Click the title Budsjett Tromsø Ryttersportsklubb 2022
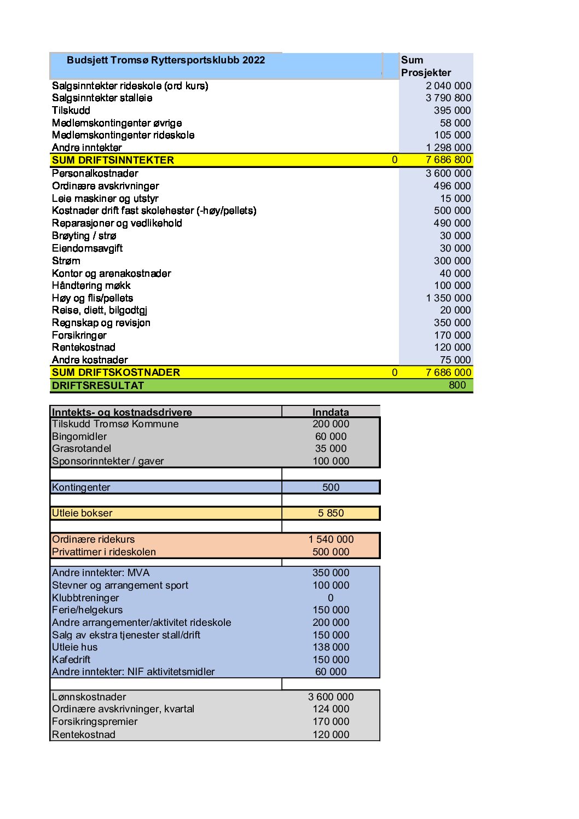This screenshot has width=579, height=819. pyautogui.click(x=165, y=60)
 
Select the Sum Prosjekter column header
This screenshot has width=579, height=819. pyautogui.click(x=426, y=66)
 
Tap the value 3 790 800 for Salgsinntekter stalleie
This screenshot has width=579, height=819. pyautogui.click(x=448, y=98)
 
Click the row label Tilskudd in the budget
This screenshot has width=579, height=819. pyautogui.click(x=71, y=111)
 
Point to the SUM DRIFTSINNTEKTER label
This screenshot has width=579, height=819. pyautogui.click(x=113, y=160)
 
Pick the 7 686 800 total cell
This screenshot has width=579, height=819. pyautogui.click(x=448, y=160)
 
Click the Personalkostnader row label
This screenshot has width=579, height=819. pyautogui.click(x=95, y=173)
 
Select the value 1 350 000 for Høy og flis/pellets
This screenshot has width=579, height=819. pyautogui.click(x=448, y=298)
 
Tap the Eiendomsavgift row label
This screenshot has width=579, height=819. pyautogui.click(x=87, y=248)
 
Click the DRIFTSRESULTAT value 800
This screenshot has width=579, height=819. pyautogui.click(x=457, y=385)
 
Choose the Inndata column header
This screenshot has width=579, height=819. pyautogui.click(x=331, y=412)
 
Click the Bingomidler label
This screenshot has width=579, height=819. pyautogui.click(x=79, y=437)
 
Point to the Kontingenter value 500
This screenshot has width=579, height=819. pyautogui.click(x=331, y=487)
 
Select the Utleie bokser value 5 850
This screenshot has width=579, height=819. pyautogui.click(x=331, y=513)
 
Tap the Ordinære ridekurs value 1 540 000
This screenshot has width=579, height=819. pyautogui.click(x=331, y=539)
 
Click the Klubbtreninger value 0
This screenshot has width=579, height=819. pyautogui.click(x=331, y=598)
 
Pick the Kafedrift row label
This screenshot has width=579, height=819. pyautogui.click(x=71, y=660)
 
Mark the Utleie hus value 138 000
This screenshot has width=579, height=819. pyautogui.click(x=331, y=647)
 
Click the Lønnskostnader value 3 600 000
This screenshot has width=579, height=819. pyautogui.click(x=331, y=697)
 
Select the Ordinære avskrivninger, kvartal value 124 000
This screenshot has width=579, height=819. pyautogui.click(x=331, y=709)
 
